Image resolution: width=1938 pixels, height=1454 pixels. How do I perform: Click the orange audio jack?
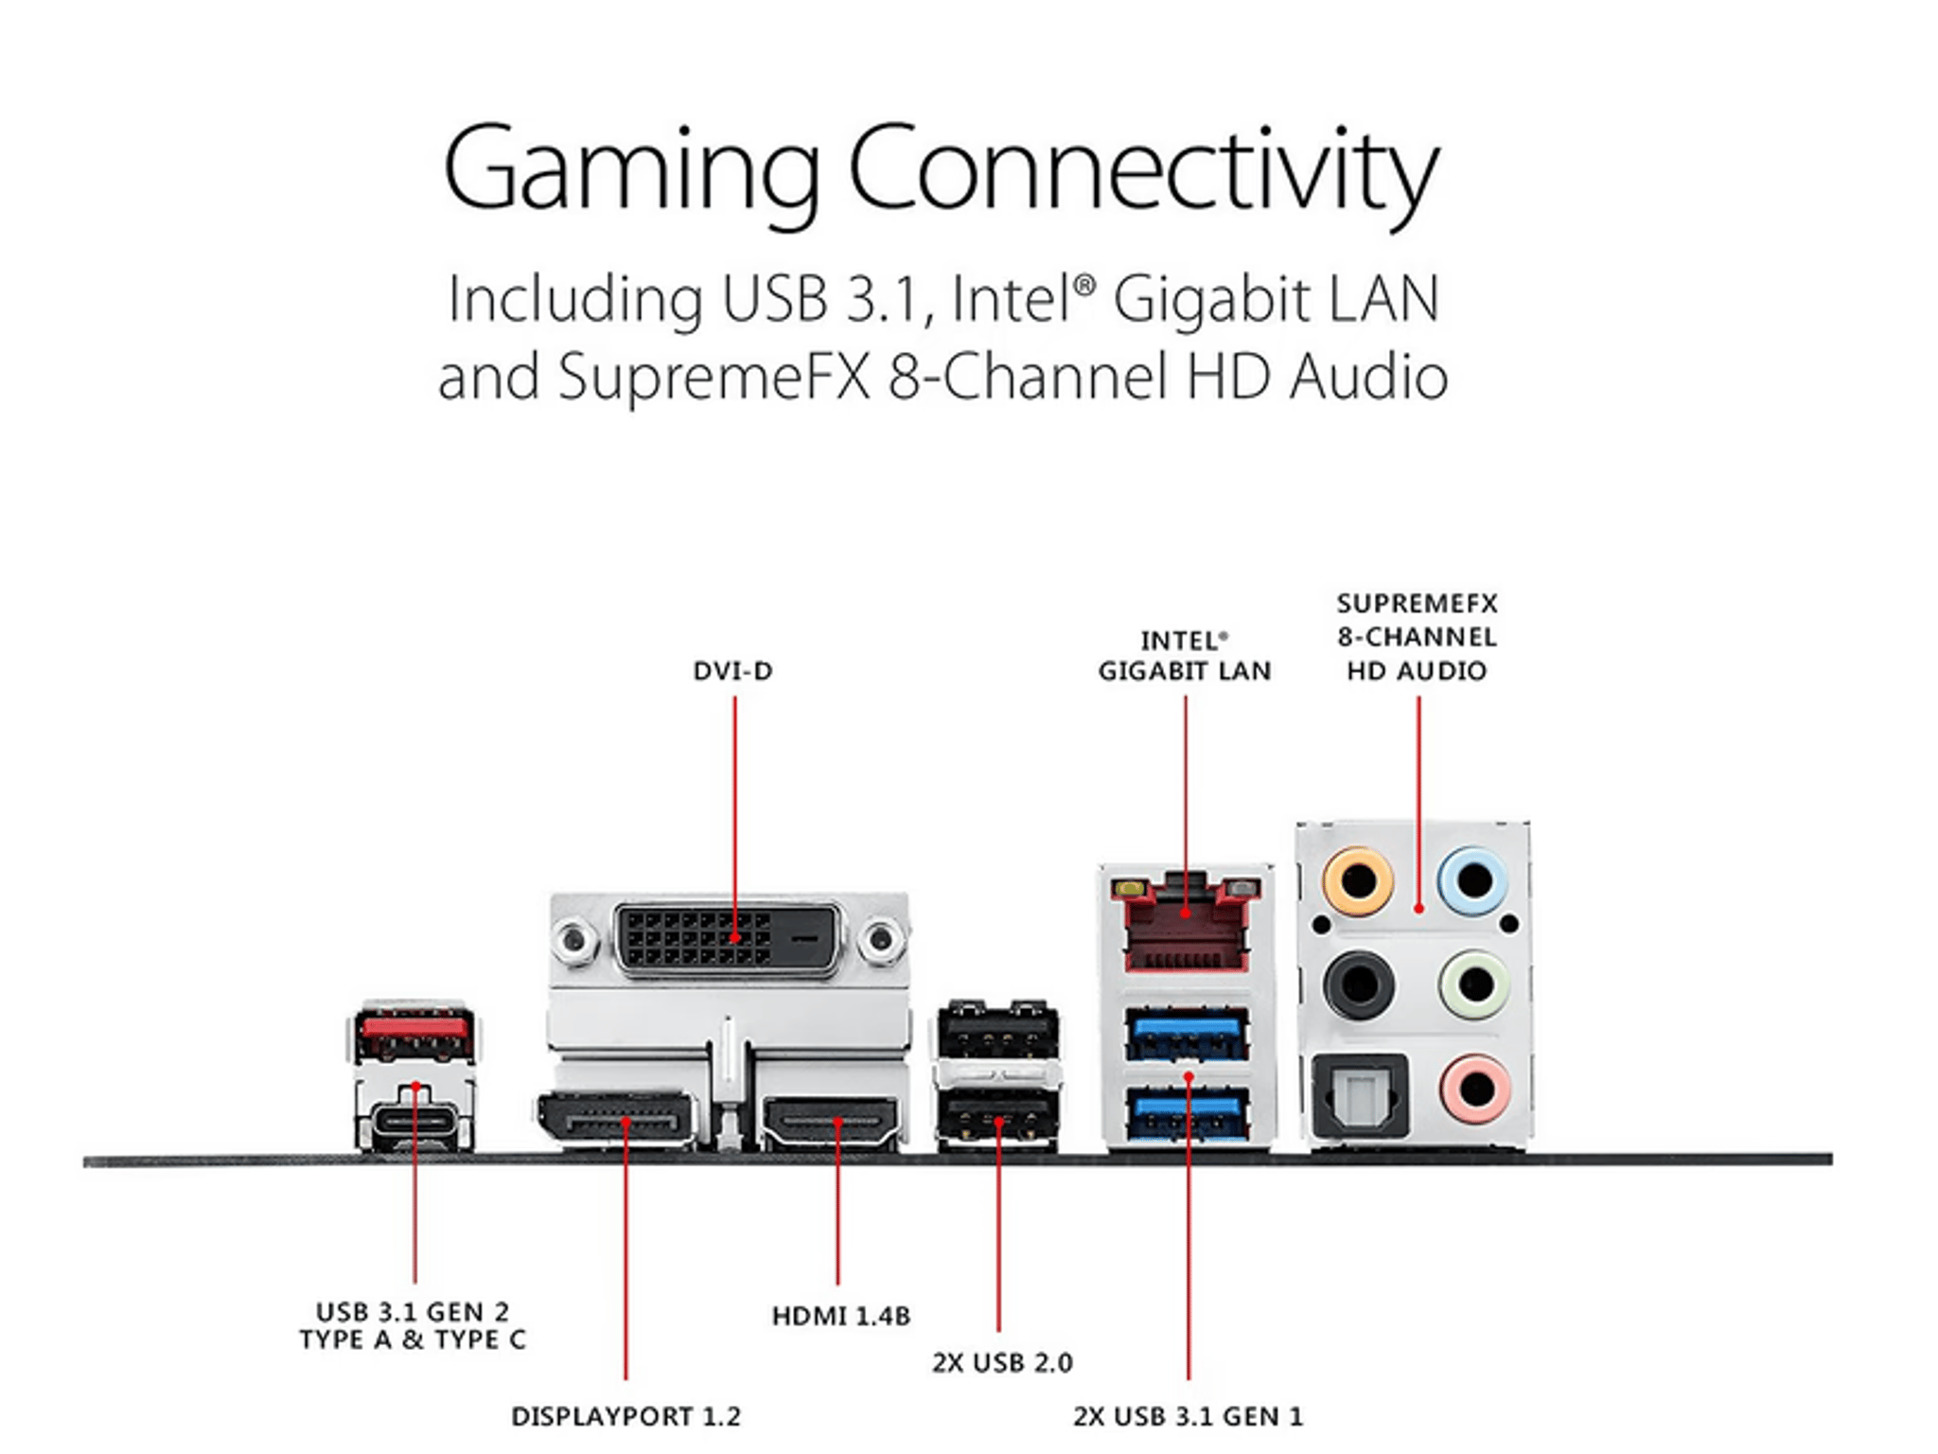[1358, 880]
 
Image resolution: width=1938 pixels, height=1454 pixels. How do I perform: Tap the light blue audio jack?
[1473, 880]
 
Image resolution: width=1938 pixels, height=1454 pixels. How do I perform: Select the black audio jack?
[1358, 984]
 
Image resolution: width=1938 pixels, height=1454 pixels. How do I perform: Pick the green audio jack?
[1473, 984]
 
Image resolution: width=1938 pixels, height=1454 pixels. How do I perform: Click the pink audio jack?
[1473, 1089]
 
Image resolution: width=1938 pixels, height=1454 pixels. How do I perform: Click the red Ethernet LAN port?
[1186, 925]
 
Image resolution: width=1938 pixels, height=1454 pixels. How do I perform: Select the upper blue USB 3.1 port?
[1187, 1035]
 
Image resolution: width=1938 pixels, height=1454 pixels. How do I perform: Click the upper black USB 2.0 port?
[998, 1031]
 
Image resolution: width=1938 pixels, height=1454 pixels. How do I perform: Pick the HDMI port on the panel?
[830, 1123]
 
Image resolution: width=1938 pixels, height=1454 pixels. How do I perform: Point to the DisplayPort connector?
[616, 1122]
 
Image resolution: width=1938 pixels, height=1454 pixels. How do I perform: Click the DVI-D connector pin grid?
[728, 939]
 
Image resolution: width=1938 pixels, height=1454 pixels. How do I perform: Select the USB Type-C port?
[414, 1123]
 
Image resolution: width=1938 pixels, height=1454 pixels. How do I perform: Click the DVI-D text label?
[732, 671]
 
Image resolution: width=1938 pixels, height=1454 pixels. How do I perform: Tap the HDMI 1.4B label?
[840, 1316]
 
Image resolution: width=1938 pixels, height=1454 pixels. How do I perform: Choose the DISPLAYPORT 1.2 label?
[625, 1416]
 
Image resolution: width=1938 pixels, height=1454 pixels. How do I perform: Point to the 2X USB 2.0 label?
[1002, 1363]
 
